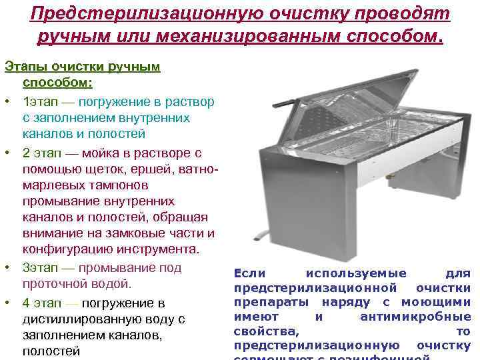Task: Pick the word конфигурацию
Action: point(64,250)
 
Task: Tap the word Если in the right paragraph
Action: point(249,273)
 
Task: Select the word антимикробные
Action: point(415,317)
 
